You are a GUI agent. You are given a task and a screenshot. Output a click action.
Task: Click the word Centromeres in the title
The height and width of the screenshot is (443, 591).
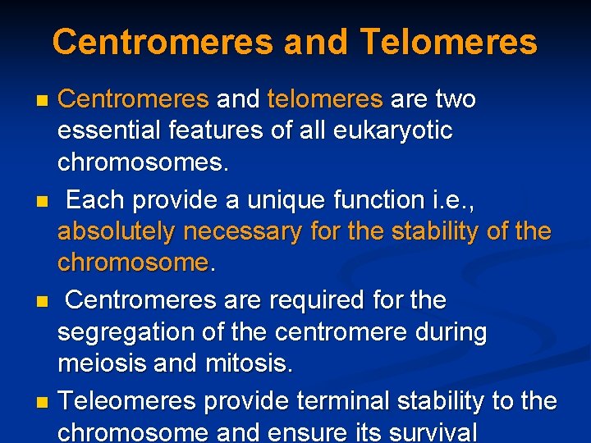[163, 42]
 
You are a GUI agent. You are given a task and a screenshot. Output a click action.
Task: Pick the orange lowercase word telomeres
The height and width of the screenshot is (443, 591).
[324, 99]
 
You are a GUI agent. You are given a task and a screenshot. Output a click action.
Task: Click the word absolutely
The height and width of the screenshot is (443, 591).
[116, 232]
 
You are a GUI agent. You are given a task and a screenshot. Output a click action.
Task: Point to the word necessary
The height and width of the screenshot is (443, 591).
[242, 232]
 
